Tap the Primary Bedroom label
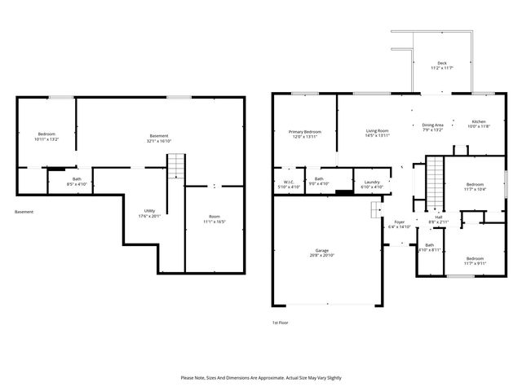[x=304, y=134]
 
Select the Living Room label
[x=376, y=133]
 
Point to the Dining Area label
[x=432, y=127]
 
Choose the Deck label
[x=441, y=66]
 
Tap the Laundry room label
[x=372, y=184]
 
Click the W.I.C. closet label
[x=288, y=184]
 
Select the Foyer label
[x=400, y=224]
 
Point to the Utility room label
[x=149, y=213]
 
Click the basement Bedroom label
[x=46, y=137]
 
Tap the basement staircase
[x=176, y=168]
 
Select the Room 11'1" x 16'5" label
[x=214, y=218]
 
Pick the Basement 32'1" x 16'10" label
[x=160, y=138]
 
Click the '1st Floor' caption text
[x=281, y=323]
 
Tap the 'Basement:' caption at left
[x=25, y=212]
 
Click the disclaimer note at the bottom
[x=261, y=377]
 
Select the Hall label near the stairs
[x=438, y=219]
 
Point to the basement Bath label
[x=77, y=181]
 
